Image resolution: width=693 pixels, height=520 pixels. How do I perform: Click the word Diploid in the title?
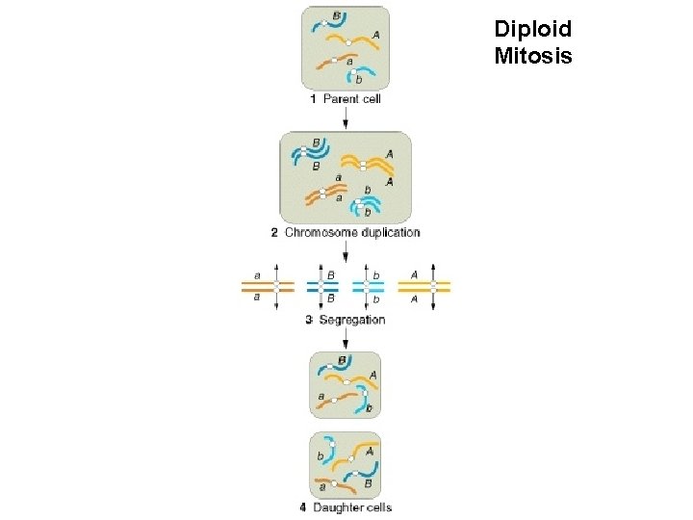click(x=532, y=30)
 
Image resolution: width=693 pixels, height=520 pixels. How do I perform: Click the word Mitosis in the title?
click(x=532, y=56)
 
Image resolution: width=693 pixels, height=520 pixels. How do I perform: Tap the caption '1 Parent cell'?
click(x=346, y=98)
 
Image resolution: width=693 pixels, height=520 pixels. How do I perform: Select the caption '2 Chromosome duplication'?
click(x=346, y=232)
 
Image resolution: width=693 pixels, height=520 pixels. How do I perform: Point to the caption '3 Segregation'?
click(x=346, y=320)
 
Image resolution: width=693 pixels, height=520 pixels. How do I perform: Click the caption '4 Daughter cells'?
click(x=346, y=507)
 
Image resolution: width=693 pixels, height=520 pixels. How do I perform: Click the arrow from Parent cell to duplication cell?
click(x=346, y=117)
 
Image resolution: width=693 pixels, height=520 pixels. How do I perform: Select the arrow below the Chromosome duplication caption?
click(x=346, y=252)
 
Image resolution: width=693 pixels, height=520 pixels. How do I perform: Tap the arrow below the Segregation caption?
click(x=346, y=337)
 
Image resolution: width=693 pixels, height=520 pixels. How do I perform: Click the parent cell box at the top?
click(x=346, y=48)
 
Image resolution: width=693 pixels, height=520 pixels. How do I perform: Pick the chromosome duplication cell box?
click(x=346, y=177)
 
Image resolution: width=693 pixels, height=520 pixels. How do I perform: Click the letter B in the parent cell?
click(x=336, y=15)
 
